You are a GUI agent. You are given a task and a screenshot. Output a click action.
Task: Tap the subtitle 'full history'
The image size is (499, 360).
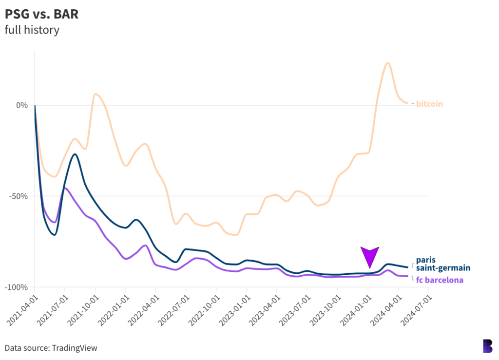point(32,30)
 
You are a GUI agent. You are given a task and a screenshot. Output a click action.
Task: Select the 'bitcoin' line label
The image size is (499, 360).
point(429,104)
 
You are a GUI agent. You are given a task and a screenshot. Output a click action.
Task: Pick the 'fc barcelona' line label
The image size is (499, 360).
point(440,280)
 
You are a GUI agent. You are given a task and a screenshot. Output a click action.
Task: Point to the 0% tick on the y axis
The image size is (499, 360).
point(21,105)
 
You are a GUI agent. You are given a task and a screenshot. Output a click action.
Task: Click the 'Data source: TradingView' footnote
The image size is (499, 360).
point(51,348)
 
